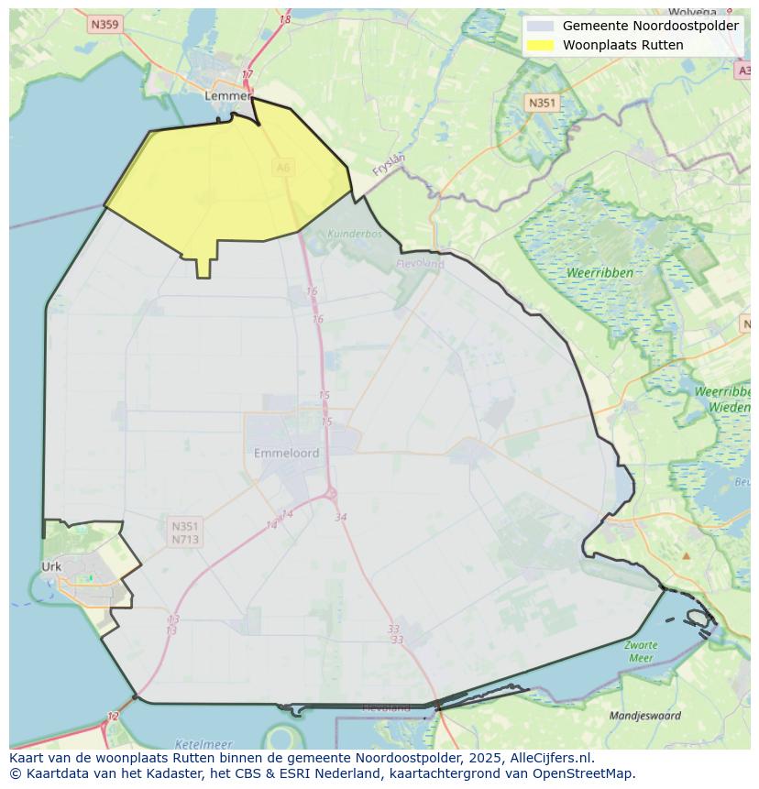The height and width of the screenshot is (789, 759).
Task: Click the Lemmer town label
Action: pos(227,95)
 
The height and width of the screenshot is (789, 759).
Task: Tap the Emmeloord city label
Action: pos(286,453)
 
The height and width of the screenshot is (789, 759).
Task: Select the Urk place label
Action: pos(51,566)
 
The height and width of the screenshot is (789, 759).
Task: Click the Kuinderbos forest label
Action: pos(354,234)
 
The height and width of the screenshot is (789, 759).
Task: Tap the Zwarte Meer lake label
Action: pos(641,652)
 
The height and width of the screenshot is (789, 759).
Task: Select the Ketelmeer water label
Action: pos(203,744)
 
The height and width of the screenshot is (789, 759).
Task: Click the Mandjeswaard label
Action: pos(645,716)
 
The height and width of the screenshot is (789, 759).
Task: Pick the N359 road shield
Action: pos(105,25)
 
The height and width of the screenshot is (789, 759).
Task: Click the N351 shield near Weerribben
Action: pos(542,104)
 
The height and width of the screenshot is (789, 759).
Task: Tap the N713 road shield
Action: pos(184,540)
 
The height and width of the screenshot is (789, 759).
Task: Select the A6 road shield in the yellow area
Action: pos(282,167)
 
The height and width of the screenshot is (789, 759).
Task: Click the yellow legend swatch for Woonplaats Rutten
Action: pos(541,45)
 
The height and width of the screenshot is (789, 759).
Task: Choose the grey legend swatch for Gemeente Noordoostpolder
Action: pos(541,27)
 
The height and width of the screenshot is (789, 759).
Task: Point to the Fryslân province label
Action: pos(389,164)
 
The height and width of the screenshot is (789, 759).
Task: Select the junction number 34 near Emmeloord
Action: pos(341,518)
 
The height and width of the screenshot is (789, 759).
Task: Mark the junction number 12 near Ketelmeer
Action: pos(113,717)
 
